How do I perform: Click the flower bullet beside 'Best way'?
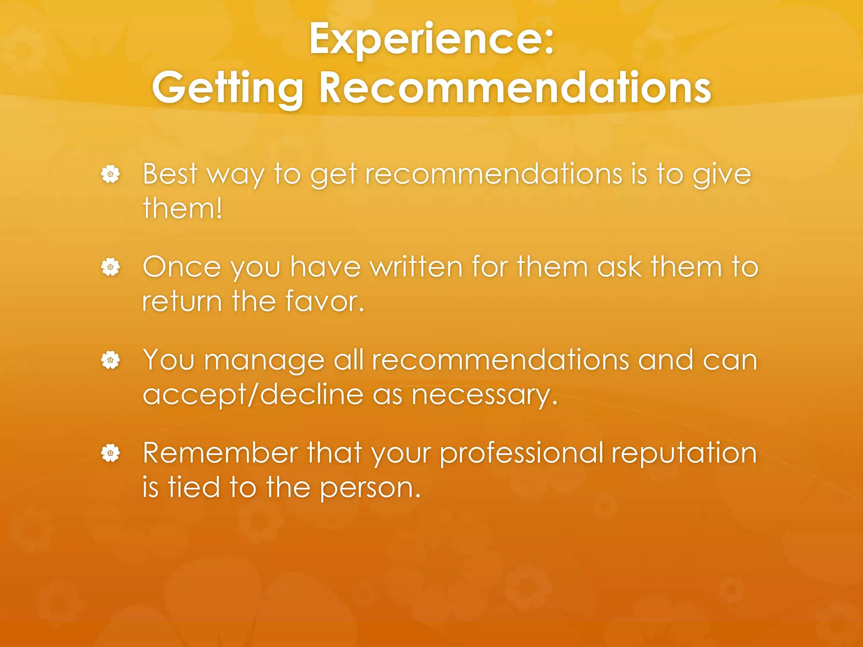pyautogui.click(x=110, y=174)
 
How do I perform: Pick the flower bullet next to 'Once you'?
pyautogui.click(x=110, y=267)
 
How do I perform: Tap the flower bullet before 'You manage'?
pyautogui.click(x=110, y=360)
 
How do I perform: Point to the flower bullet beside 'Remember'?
pyautogui.click(x=110, y=453)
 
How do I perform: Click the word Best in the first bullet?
pyautogui.click(x=170, y=174)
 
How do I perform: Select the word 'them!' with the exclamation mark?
pyautogui.click(x=182, y=208)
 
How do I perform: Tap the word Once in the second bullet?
pyautogui.click(x=182, y=267)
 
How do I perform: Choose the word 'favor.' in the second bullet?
pyautogui.click(x=324, y=302)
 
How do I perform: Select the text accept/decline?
pyautogui.click(x=253, y=395)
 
